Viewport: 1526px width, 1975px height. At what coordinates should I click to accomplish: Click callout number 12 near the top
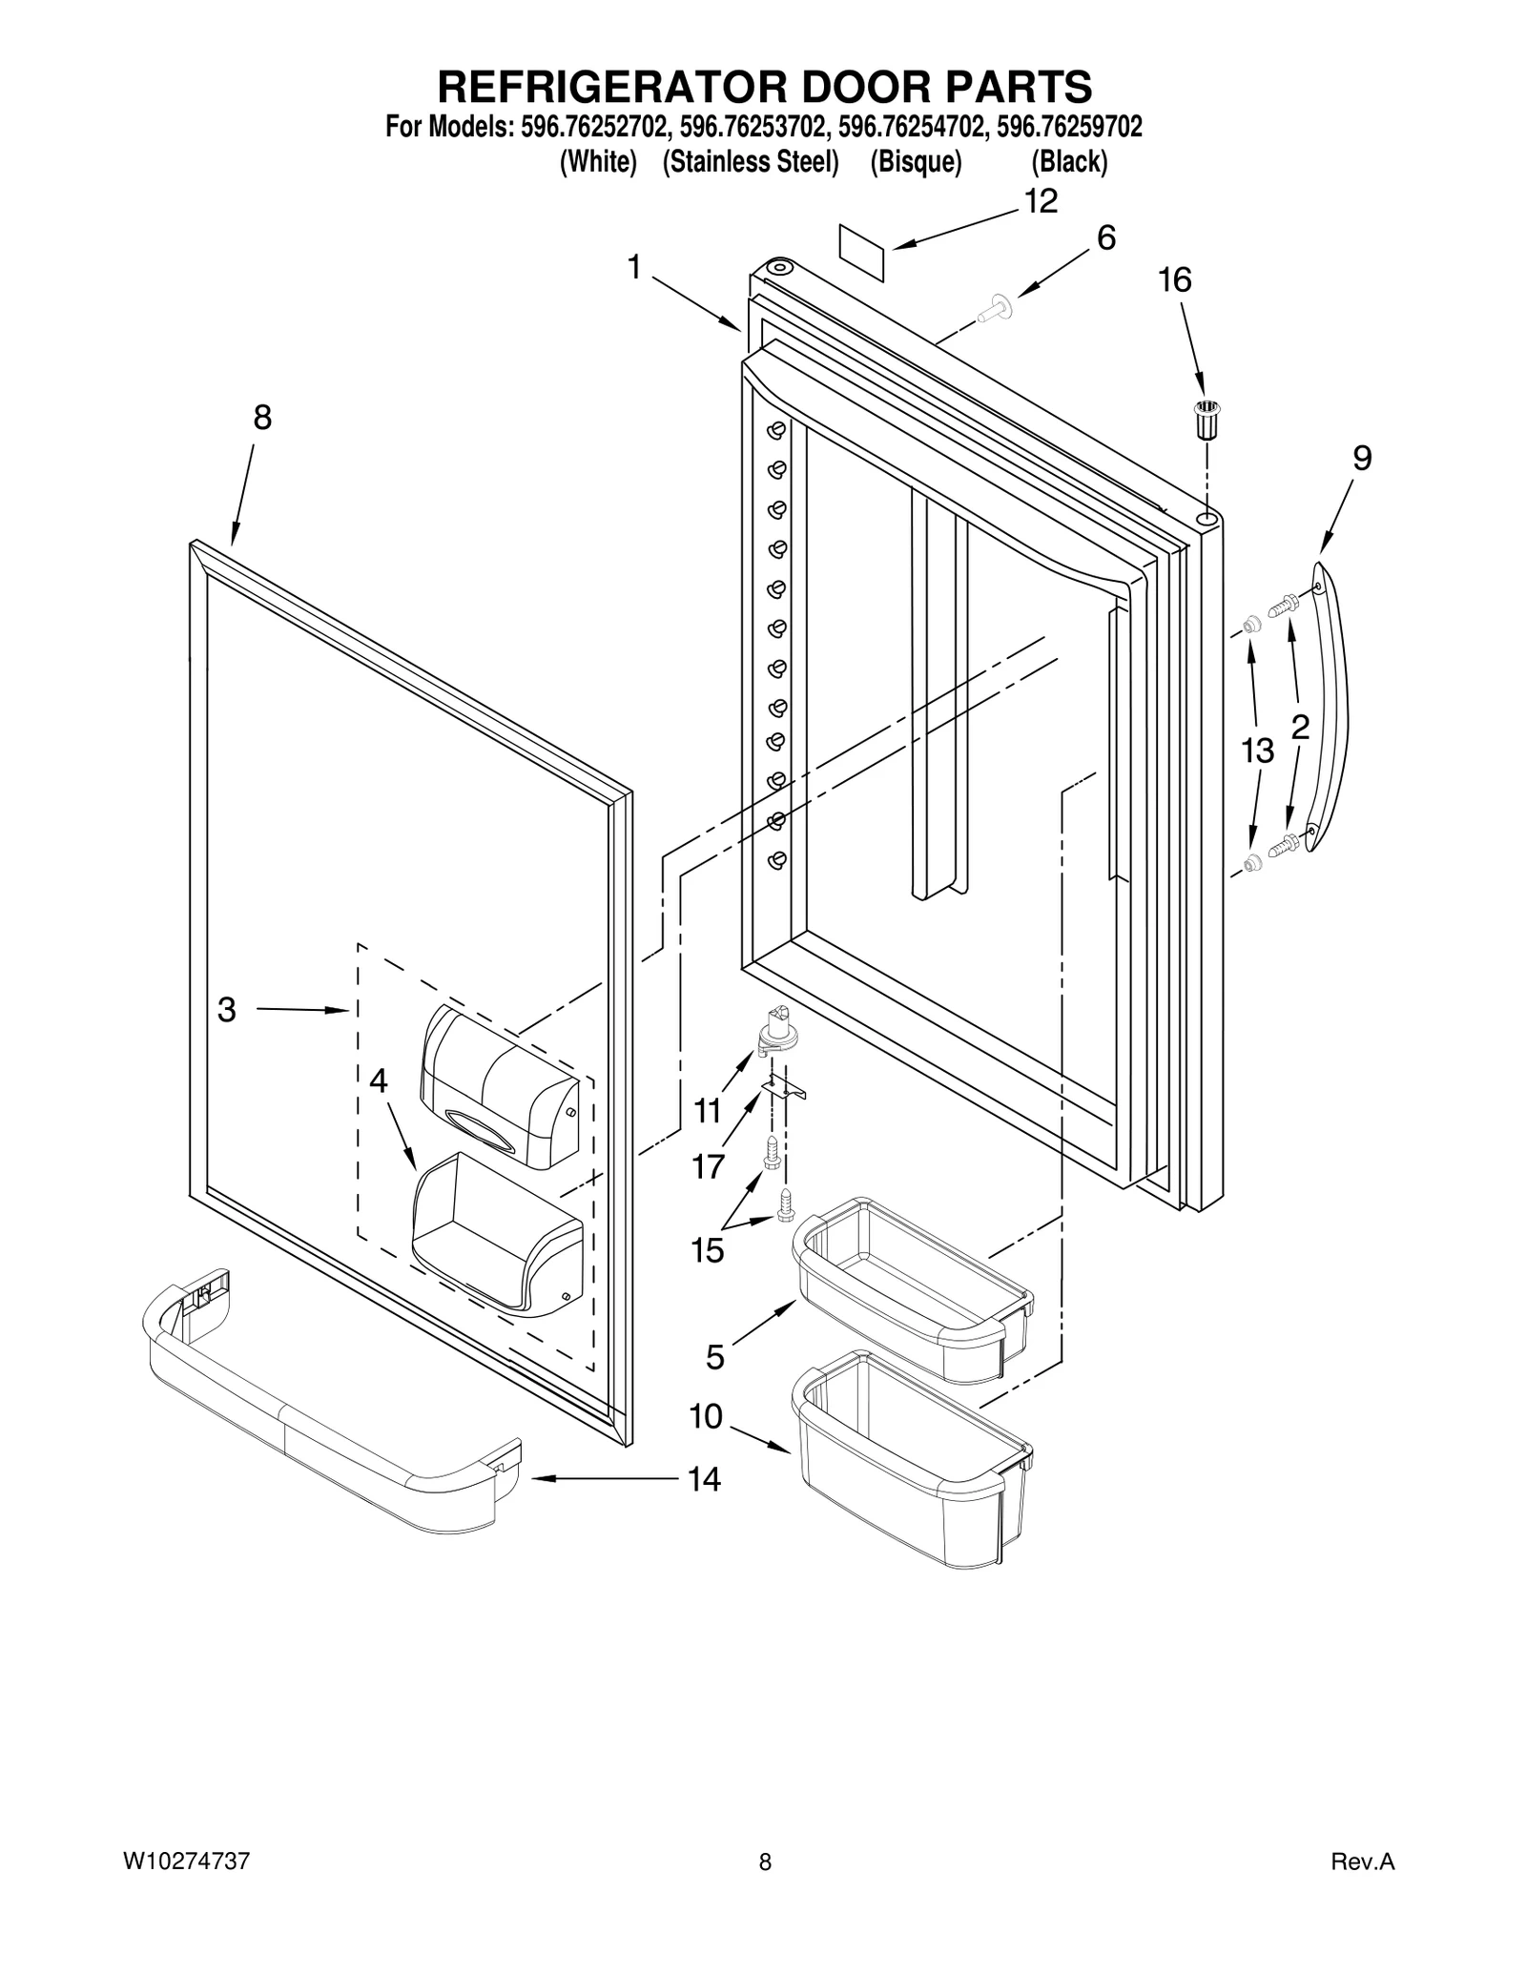pyautogui.click(x=1041, y=201)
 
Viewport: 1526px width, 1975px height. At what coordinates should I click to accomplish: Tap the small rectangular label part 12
pyautogui.click(x=860, y=252)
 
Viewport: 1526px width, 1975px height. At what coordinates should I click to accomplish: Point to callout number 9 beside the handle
pyautogui.click(x=1362, y=459)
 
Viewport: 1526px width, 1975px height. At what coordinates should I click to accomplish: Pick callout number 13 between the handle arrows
pyautogui.click(x=1257, y=751)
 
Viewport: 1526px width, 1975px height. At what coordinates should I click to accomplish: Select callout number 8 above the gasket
pyautogui.click(x=262, y=418)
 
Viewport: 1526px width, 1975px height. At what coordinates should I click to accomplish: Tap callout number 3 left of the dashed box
pyautogui.click(x=226, y=1009)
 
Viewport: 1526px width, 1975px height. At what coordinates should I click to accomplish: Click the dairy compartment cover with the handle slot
pyautogui.click(x=499, y=1087)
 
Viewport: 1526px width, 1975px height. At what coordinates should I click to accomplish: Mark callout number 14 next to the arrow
pyautogui.click(x=705, y=1479)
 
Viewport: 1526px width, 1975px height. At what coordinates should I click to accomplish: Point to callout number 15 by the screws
pyautogui.click(x=708, y=1249)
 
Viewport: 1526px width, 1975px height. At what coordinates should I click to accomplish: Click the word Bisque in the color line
pyautogui.click(x=916, y=162)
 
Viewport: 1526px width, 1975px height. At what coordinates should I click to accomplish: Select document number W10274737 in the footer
pyautogui.click(x=187, y=1862)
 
